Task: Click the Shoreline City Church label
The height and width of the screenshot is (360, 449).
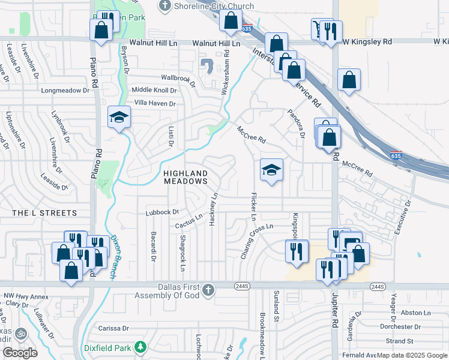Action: [213, 6]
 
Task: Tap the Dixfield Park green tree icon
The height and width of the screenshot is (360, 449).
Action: [140, 347]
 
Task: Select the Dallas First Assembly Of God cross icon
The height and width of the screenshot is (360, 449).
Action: [208, 290]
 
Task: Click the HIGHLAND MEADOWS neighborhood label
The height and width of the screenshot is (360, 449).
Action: [185, 176]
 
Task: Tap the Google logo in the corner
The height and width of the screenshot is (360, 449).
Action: [20, 353]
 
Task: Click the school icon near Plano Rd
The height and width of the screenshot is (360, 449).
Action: [119, 117]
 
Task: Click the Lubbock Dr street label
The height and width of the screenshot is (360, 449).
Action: [163, 212]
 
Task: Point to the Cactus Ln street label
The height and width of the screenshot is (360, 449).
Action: [190, 223]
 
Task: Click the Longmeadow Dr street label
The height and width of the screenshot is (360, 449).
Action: [65, 91]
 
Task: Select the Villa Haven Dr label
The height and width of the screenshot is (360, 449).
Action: [154, 103]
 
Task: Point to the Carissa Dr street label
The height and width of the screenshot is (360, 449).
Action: [114, 328]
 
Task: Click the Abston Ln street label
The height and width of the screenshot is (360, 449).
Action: [415, 313]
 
